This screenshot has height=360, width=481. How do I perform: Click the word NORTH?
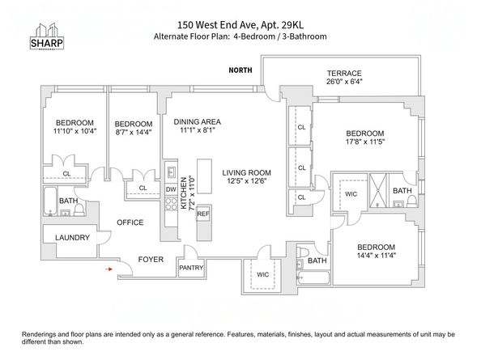click(242, 70)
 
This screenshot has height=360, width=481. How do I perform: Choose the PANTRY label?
click(191, 266)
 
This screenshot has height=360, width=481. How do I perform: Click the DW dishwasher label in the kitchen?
click(171, 189)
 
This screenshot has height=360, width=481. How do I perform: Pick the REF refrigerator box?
click(202, 214)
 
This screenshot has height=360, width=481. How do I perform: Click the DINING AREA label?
click(198, 122)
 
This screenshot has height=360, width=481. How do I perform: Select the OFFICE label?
click(130, 222)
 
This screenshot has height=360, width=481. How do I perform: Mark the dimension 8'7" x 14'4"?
click(132, 132)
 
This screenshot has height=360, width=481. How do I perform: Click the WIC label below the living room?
click(263, 275)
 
